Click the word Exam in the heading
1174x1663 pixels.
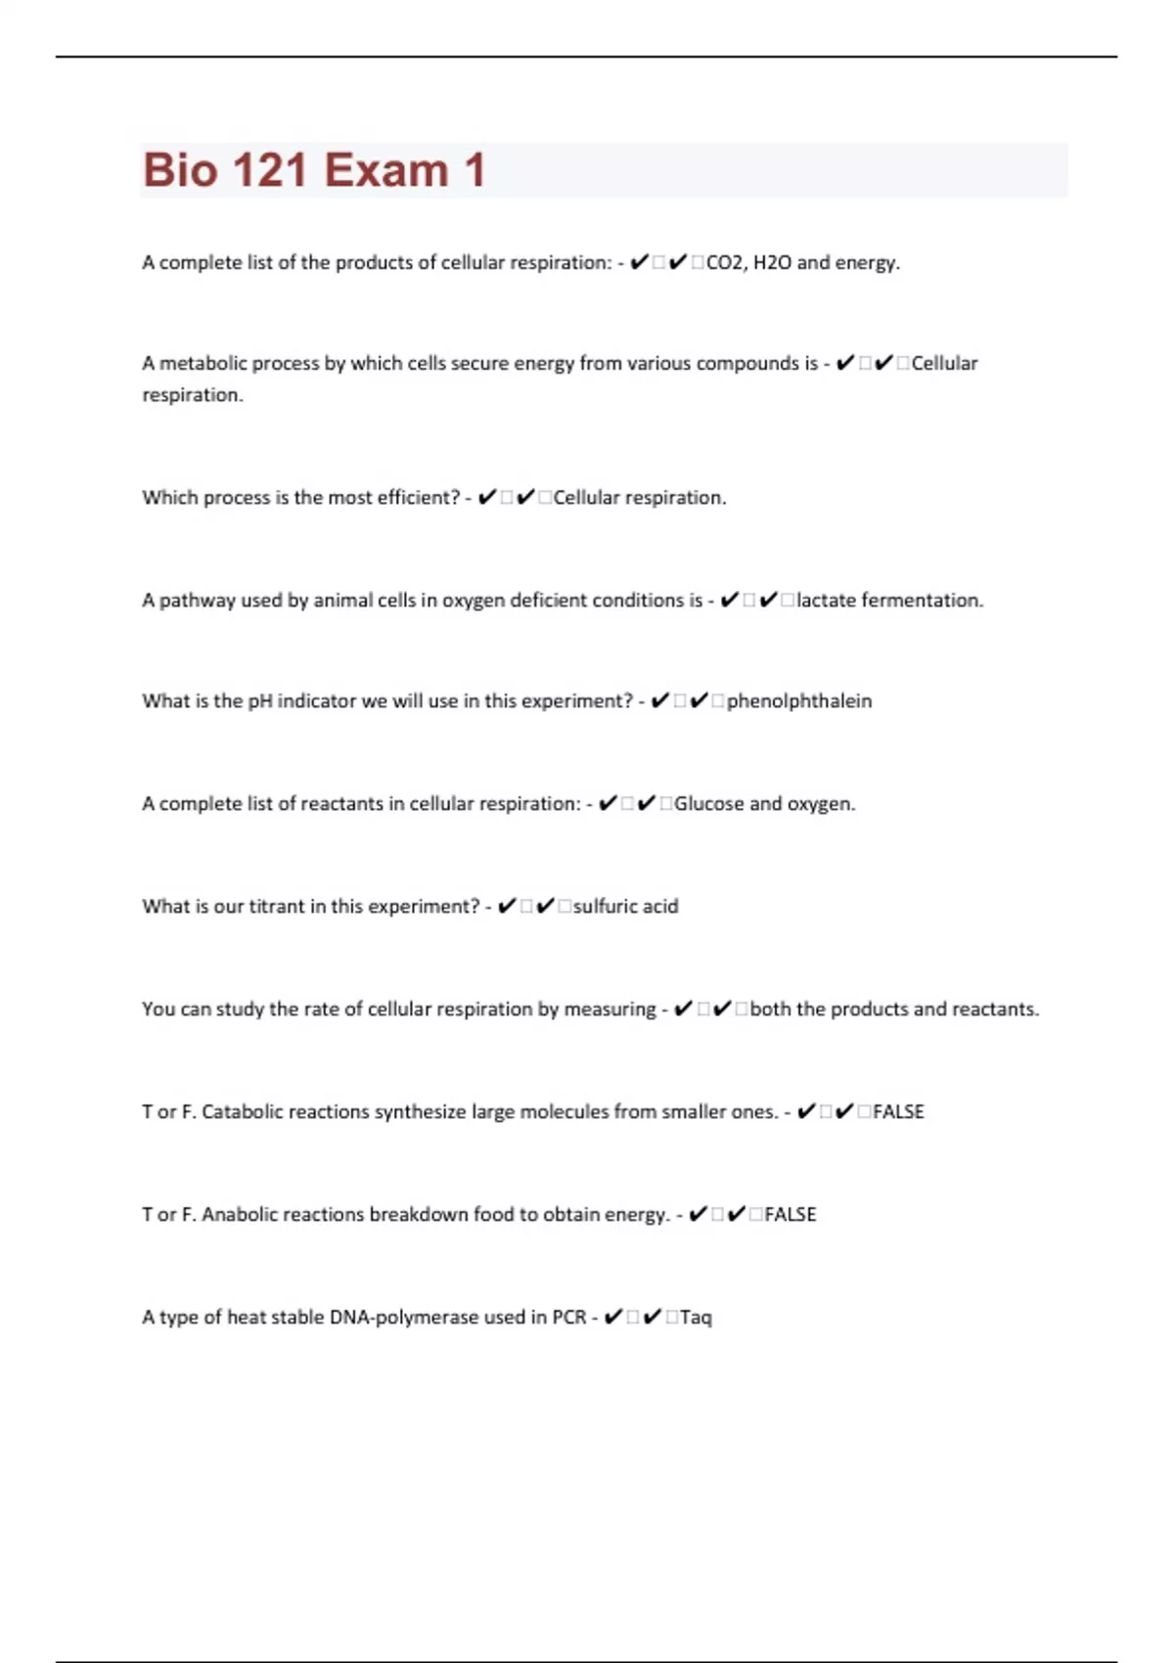(386, 170)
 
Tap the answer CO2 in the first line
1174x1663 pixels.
(725, 262)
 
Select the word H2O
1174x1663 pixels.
(772, 262)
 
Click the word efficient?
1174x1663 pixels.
(419, 497)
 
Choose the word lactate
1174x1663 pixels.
(826, 600)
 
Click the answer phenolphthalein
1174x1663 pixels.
(799, 700)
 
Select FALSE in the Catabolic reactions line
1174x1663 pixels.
(898, 1111)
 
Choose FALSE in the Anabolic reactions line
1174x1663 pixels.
(790, 1214)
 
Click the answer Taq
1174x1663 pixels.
(696, 1317)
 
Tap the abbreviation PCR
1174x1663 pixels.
(568, 1317)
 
